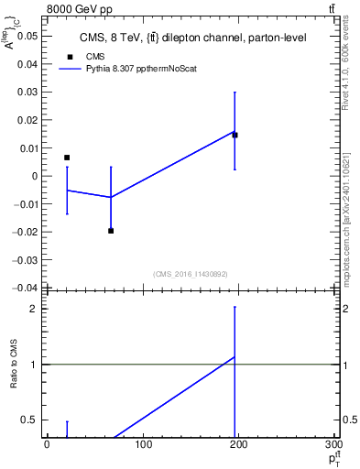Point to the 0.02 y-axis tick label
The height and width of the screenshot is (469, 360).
coord(26,120)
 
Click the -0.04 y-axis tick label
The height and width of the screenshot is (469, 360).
coord(24,288)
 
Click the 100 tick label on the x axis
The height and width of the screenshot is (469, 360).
coord(142,445)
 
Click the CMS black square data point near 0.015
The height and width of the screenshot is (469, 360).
coord(235,135)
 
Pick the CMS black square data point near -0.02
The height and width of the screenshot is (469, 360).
coord(111,231)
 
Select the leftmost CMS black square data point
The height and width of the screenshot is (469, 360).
coord(67,158)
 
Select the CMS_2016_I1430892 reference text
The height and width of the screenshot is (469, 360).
coord(191,274)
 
